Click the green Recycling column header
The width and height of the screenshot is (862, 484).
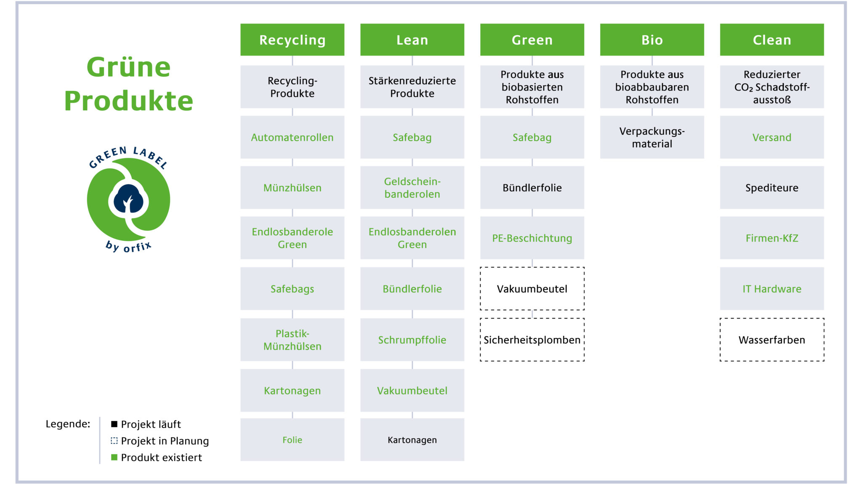(x=292, y=40)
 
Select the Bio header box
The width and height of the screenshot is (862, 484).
(x=652, y=40)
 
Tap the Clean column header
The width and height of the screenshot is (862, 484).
(x=772, y=40)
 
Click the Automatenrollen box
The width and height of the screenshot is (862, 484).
(x=292, y=137)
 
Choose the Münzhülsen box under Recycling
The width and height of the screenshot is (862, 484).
(x=292, y=188)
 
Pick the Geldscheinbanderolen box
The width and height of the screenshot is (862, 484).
(x=412, y=188)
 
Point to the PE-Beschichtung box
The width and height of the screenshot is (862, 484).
(x=532, y=238)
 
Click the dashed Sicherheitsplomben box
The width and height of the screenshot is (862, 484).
(x=532, y=340)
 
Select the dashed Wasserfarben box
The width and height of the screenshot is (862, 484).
(x=772, y=340)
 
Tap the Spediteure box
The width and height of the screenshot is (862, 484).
(x=772, y=188)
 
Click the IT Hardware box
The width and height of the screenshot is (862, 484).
(x=772, y=289)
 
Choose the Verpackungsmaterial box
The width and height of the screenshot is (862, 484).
(x=652, y=137)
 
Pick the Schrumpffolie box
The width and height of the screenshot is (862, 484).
(x=412, y=340)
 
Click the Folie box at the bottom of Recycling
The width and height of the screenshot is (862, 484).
(x=292, y=440)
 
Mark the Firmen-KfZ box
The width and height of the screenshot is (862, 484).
(x=772, y=238)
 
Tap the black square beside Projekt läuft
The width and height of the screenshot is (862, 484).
(x=114, y=424)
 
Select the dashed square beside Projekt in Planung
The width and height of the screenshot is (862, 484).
(x=114, y=441)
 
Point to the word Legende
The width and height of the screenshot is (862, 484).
(x=68, y=424)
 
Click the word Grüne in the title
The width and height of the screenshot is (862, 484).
(x=128, y=67)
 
